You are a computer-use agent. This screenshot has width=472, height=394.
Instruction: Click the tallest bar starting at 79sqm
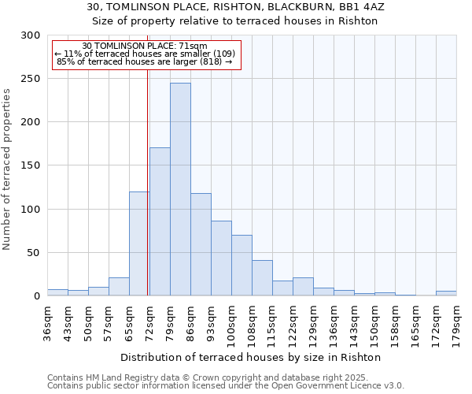pos(180,189)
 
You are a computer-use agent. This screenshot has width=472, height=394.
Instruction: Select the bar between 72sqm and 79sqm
pos(160,221)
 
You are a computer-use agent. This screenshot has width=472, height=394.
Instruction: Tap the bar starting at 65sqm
pos(139,243)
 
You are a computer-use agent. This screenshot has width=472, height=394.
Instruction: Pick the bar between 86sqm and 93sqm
pos(201,244)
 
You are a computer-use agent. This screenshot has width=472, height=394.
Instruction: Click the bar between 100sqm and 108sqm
pos(242,265)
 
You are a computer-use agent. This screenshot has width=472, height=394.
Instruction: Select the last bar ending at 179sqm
pos(446,293)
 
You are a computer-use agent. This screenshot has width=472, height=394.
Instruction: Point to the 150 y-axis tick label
pos(30,165)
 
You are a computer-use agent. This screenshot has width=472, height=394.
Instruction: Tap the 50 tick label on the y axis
pos(33,253)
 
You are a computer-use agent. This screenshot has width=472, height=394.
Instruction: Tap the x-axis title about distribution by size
pos(251,357)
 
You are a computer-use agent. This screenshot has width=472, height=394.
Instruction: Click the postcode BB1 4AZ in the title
pos(359,6)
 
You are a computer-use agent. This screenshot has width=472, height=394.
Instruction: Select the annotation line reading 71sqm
pos(145,46)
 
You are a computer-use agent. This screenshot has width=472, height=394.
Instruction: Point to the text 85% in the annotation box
pos(67,61)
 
